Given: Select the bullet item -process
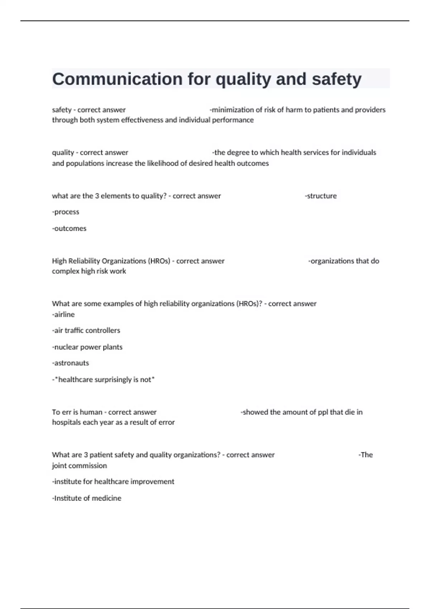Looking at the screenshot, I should coord(66,212).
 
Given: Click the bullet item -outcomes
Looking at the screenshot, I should coord(69,228).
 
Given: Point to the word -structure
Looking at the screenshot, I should coord(321,196).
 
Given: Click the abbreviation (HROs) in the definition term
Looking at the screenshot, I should coord(160,261).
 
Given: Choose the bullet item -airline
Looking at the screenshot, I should coord(63,314).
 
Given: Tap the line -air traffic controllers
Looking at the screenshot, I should coord(86,330).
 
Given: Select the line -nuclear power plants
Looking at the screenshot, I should coord(87,347).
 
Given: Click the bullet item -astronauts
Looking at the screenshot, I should coord(71,363).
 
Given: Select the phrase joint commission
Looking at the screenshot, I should coord(79,465).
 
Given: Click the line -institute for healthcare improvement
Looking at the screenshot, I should coord(113,481).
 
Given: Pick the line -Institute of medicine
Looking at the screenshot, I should coord(87,498).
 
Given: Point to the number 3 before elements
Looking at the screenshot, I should coord(97,196).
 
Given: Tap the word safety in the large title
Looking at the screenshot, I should coord(336,79).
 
